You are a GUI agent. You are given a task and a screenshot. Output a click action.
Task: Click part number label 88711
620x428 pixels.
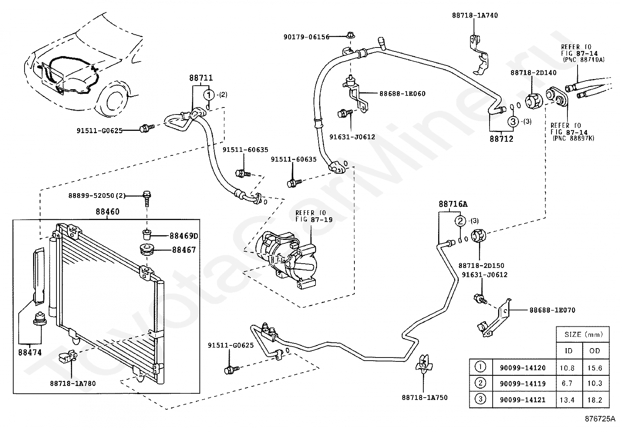tap(201, 78)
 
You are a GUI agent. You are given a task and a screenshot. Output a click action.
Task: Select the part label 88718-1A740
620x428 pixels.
tap(475, 16)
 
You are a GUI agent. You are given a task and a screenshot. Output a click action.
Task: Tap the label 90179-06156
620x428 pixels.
tap(306, 37)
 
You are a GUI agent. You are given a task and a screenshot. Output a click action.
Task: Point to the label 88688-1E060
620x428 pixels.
tap(402, 93)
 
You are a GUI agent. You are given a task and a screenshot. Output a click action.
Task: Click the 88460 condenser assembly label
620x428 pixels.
tap(107, 212)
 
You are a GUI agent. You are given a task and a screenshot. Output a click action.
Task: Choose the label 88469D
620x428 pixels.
tap(184, 236)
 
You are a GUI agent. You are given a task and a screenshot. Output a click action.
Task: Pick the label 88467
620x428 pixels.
tap(184, 250)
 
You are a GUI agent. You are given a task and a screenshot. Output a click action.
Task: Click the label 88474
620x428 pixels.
tap(30, 352)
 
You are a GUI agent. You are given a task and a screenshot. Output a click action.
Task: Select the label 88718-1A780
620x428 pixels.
tap(73, 384)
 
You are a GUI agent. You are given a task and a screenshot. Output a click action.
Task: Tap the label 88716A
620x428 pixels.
tap(453, 204)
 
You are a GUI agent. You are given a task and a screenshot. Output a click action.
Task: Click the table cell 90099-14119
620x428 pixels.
tap(523, 384)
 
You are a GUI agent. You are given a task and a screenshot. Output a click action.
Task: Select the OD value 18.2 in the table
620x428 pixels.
tap(595, 400)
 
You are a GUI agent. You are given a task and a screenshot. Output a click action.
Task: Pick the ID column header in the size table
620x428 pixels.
tap(569, 351)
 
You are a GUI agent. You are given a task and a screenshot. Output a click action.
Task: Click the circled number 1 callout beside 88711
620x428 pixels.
tap(209, 95)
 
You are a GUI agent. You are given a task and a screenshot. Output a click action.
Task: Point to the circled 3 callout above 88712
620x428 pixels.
tap(513, 121)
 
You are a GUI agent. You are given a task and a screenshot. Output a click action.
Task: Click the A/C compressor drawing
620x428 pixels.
tap(286, 259)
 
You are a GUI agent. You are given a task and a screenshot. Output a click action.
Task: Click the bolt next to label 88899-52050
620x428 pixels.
tap(147, 198)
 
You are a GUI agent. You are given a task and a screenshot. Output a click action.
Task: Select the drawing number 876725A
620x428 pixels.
tap(600, 419)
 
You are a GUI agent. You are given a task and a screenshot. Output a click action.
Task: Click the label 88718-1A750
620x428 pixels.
tap(424, 398)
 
